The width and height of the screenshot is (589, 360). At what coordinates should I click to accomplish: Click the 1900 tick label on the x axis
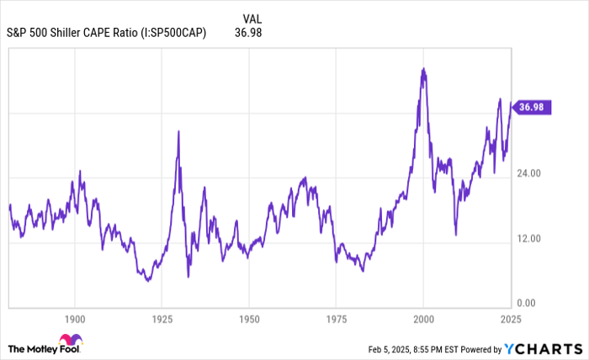(75, 319)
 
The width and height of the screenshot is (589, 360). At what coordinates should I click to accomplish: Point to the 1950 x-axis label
(249, 319)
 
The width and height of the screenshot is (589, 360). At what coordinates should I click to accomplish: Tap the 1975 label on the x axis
(336, 319)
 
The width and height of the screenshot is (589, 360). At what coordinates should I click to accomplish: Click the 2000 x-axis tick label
(423, 319)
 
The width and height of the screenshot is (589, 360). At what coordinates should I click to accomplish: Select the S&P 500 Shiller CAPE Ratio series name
(106, 33)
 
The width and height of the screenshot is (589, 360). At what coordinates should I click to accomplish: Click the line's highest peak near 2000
(423, 68)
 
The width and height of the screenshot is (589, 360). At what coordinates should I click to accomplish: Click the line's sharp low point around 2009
(456, 235)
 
